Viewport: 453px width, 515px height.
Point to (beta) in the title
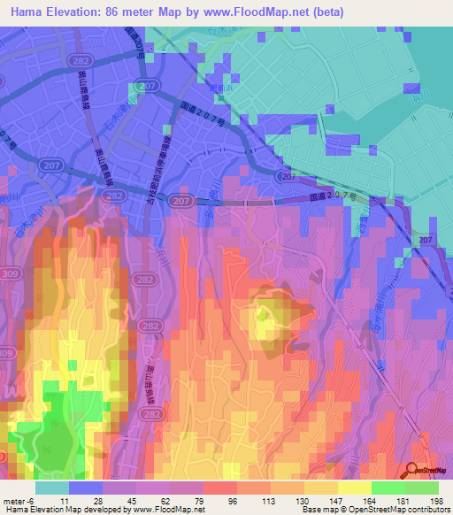[x=326, y=12]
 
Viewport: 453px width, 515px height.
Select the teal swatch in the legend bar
[x=52, y=488]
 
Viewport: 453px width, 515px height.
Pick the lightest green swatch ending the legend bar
[x=422, y=488]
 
